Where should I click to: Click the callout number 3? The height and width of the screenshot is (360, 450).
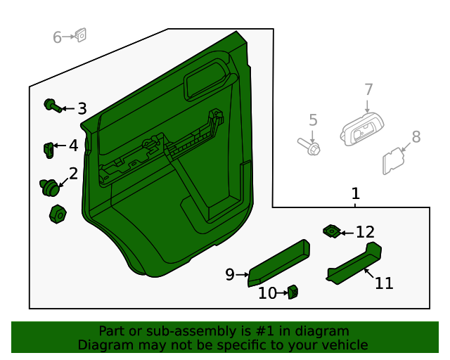pyautogui.click(x=82, y=109)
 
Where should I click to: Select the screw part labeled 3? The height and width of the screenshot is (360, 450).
pyautogui.click(x=51, y=105)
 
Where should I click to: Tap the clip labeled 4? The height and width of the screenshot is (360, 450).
pyautogui.click(x=49, y=150)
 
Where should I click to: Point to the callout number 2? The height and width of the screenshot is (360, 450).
pyautogui.click(x=73, y=174)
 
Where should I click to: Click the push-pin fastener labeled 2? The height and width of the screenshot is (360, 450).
pyautogui.click(x=49, y=187)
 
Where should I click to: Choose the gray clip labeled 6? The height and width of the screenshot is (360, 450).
pyautogui.click(x=80, y=34)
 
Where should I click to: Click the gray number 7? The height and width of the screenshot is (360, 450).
pyautogui.click(x=368, y=89)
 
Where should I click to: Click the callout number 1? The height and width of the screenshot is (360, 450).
pyautogui.click(x=356, y=193)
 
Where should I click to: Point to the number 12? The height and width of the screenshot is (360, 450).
pyautogui.click(x=365, y=232)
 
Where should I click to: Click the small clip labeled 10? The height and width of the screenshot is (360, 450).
pyautogui.click(x=292, y=291)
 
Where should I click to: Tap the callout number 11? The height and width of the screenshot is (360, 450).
pyautogui.click(x=384, y=283)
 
